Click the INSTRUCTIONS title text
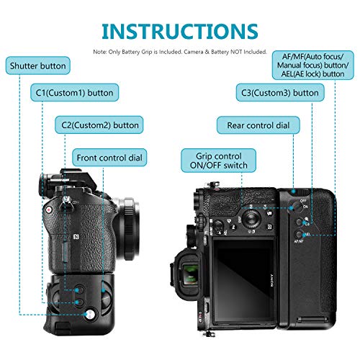pos(179,31)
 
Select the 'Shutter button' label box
pos(37,66)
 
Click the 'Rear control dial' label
pos(258,125)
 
